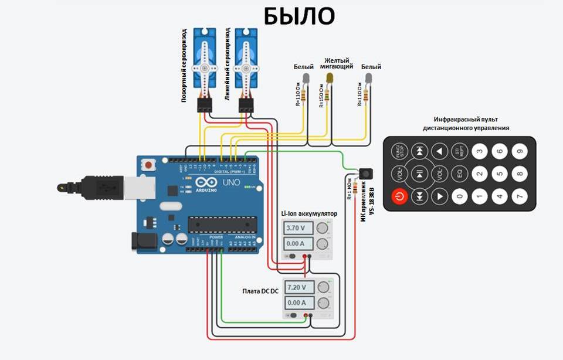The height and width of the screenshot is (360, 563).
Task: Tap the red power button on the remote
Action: (401, 196)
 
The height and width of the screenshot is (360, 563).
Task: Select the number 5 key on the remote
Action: (499, 174)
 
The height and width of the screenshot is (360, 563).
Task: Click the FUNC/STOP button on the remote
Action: (400, 151)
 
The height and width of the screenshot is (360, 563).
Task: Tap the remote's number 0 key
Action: (460, 196)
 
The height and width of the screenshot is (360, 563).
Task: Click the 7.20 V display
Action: (299, 287)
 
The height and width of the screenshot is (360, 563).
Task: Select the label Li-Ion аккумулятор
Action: (308, 213)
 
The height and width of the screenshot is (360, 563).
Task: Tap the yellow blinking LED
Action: (330, 78)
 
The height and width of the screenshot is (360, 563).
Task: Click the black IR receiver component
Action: (366, 174)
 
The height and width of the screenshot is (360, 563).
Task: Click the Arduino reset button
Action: (150, 165)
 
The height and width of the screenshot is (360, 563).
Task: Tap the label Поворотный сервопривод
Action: (184, 64)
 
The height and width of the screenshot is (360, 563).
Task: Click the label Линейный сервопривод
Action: (227, 64)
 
